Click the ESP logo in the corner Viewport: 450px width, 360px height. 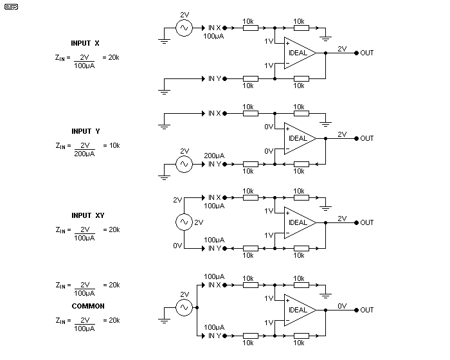pyautogui.click(x=11, y=6)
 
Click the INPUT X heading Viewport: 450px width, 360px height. pyautogui.click(x=85, y=43)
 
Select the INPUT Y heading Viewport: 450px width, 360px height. pyautogui.click(x=85, y=132)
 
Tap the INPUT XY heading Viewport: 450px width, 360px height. pyautogui.click(x=88, y=215)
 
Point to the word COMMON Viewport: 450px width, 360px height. pyautogui.click(x=88, y=306)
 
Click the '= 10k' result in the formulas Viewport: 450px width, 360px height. pyautogui.click(x=111, y=145)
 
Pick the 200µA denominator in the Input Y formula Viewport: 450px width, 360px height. pyautogui.click(x=84, y=154)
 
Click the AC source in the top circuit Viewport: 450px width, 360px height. pyautogui.click(x=184, y=28)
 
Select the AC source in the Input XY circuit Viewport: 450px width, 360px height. pyautogui.click(x=184, y=222)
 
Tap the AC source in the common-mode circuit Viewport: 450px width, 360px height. pyautogui.click(x=184, y=307)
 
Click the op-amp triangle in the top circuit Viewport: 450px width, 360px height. pyautogui.click(x=300, y=53)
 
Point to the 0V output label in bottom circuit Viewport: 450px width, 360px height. pyautogui.click(x=342, y=306)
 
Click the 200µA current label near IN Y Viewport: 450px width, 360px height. pyautogui.click(x=214, y=156)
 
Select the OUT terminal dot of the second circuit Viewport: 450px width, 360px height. pyautogui.click(x=356, y=139)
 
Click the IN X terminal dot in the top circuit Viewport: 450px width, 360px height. pyautogui.click(x=225, y=28)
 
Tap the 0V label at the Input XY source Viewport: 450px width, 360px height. pyautogui.click(x=177, y=246)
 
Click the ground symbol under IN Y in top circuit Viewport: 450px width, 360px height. pyautogui.click(x=164, y=92)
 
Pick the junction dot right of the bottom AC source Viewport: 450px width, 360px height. pyautogui.click(x=197, y=307)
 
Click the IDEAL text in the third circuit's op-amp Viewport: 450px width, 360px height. pyautogui.click(x=298, y=223)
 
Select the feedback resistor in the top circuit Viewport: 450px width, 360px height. pyautogui.click(x=301, y=78)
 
